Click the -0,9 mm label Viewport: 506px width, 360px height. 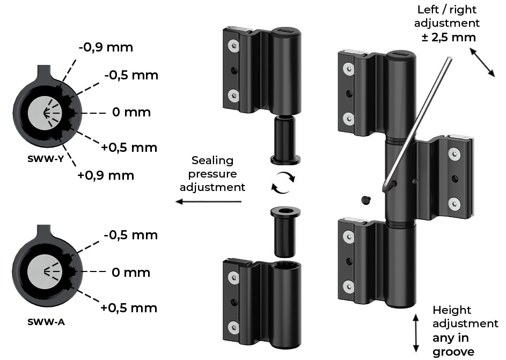(106, 47)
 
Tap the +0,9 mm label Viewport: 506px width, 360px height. (106, 175)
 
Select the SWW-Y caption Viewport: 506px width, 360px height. (45, 159)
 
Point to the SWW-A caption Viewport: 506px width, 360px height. (46, 321)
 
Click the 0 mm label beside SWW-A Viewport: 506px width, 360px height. (131, 273)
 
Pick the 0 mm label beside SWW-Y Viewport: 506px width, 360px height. (131, 112)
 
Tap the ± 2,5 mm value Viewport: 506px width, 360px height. (449, 37)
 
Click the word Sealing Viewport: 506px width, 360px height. (212, 160)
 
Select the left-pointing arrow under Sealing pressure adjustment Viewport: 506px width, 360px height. (209, 202)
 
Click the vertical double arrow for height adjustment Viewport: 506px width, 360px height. (416, 333)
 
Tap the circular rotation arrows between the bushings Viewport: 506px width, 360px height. (283, 183)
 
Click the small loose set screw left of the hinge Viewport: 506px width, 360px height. (366, 200)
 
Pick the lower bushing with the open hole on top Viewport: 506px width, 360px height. (285, 232)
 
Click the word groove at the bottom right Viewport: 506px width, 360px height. (453, 351)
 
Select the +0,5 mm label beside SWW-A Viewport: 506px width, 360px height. (129, 308)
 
